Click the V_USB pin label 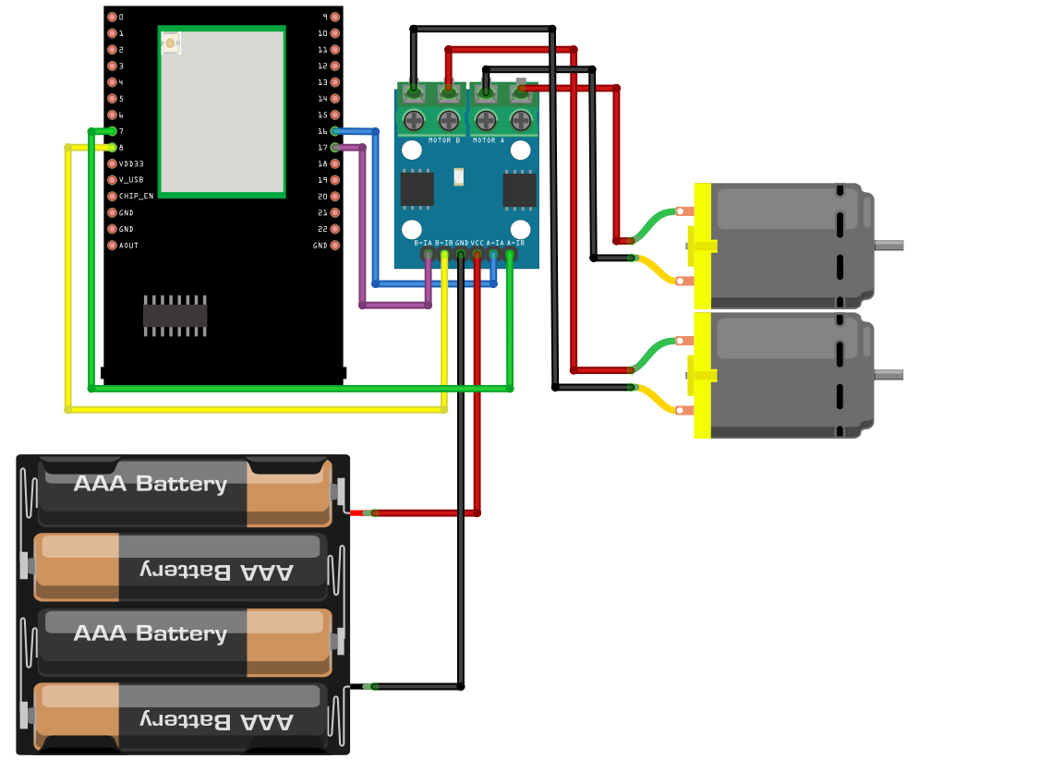131,180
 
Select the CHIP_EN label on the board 136,197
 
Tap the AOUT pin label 128,246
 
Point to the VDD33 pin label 131,163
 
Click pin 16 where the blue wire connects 334,131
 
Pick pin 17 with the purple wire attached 334,148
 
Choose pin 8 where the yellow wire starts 112,148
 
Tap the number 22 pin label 322,229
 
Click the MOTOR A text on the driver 489,140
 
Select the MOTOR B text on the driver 444,140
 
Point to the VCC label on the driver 478,243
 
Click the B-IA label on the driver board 422,243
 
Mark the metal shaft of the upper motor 889,245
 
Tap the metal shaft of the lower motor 889,374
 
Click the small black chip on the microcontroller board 175,317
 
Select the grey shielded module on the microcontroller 222,111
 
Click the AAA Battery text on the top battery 150,484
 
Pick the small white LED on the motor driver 459,176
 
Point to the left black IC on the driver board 417,189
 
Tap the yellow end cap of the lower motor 702,375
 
